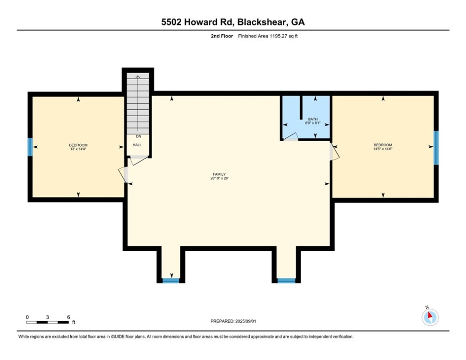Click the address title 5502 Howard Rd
click(x=233, y=22)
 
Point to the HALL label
click(x=137, y=145)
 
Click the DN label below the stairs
click(x=138, y=136)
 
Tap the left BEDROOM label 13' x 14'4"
click(x=78, y=147)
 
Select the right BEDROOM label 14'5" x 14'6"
click(x=383, y=147)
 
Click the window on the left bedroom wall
click(x=30, y=147)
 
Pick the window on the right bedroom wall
click(x=436, y=148)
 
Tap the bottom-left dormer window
click(x=171, y=280)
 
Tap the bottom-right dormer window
click(x=286, y=280)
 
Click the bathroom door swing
click(x=291, y=137)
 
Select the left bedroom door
click(x=124, y=174)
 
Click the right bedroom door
click(x=334, y=152)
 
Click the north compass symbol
click(x=429, y=316)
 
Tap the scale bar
click(x=48, y=322)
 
